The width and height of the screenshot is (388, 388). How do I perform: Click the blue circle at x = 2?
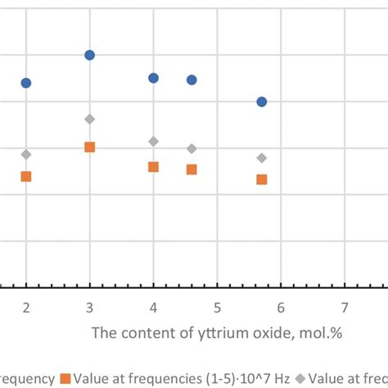click(26, 83)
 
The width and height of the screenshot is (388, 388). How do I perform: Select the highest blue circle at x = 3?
click(90, 55)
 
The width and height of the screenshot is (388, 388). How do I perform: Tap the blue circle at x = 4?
click(153, 78)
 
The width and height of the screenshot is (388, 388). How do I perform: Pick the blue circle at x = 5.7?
click(261, 102)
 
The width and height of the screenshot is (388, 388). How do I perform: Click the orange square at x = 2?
click(26, 176)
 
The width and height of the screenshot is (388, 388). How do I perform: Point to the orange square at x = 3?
click(90, 147)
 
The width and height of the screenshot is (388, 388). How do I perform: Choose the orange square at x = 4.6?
click(192, 169)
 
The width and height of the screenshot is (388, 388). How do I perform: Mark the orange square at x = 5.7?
click(261, 179)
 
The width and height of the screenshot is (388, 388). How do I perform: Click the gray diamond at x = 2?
click(26, 154)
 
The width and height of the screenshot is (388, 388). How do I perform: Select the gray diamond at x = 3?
click(90, 119)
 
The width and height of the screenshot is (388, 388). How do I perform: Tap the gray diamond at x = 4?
click(153, 142)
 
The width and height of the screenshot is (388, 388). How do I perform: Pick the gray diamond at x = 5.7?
click(261, 157)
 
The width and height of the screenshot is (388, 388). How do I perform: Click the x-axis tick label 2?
click(26, 308)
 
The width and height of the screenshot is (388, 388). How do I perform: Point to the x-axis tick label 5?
click(217, 308)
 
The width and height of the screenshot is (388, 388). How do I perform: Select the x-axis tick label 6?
click(281, 308)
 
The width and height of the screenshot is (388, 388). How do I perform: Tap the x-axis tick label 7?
click(345, 308)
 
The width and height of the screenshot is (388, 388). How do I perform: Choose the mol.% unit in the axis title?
click(273, 334)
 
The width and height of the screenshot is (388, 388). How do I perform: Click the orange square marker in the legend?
click(64, 378)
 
